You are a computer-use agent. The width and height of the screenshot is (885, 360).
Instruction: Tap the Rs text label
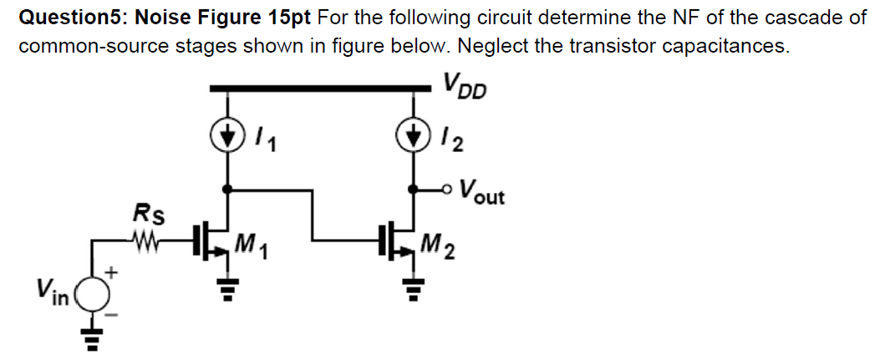(x=148, y=215)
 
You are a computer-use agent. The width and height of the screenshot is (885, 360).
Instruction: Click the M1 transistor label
(x=252, y=245)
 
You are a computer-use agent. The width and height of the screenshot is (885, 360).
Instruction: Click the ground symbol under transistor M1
(x=225, y=289)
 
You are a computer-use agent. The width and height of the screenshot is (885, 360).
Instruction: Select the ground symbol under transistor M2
(x=412, y=289)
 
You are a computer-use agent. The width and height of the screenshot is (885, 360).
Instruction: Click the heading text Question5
(x=72, y=16)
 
